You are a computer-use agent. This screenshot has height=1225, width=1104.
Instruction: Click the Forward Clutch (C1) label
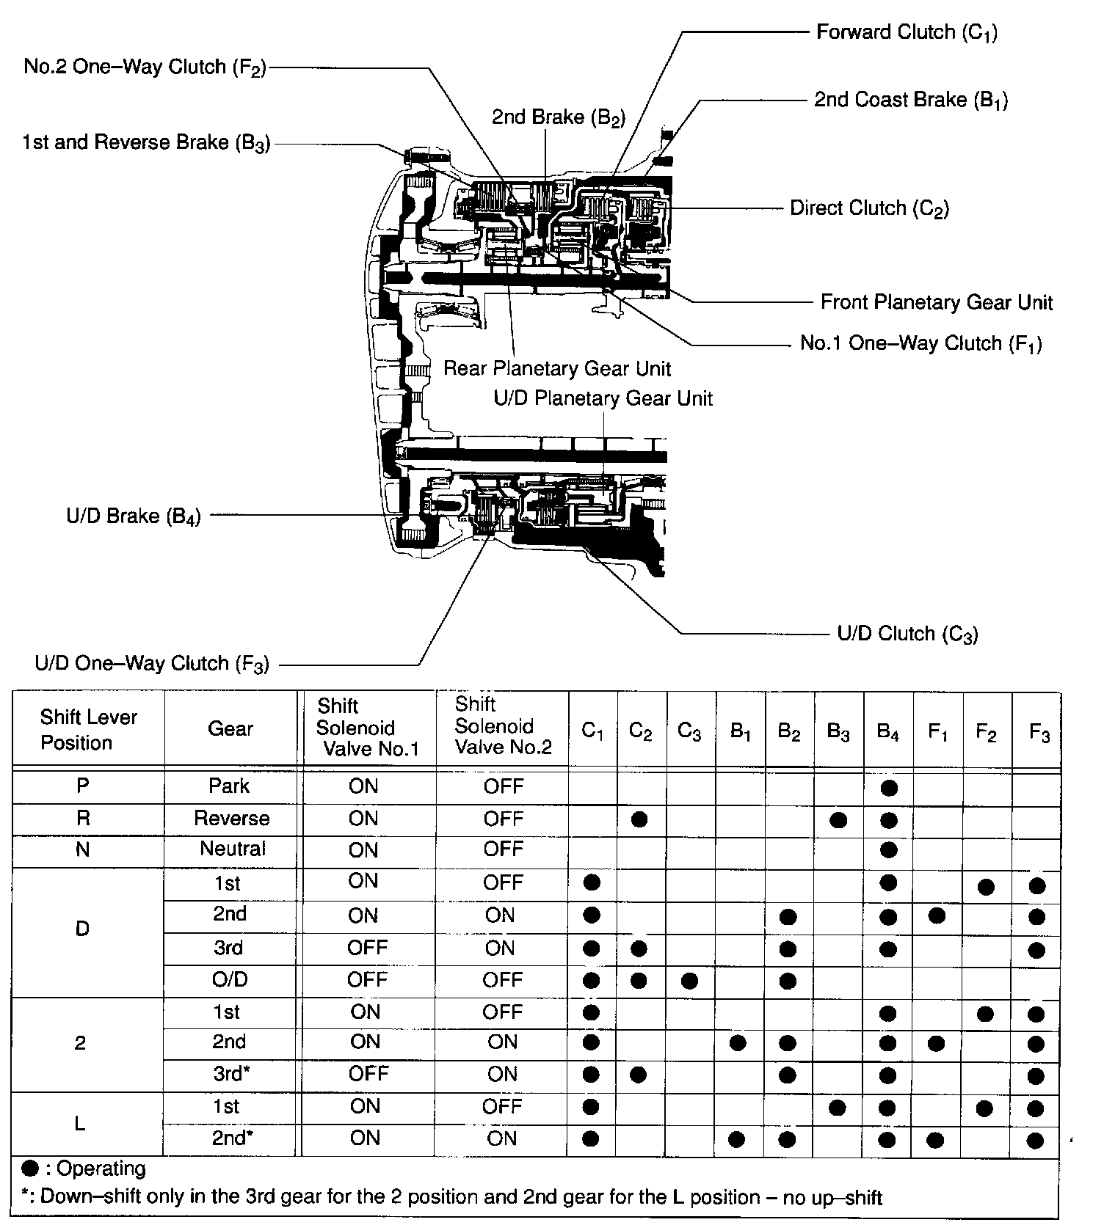tap(907, 33)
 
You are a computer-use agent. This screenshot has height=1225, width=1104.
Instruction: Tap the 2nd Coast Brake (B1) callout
tap(911, 100)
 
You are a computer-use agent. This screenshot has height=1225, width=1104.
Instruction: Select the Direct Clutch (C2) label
tap(869, 209)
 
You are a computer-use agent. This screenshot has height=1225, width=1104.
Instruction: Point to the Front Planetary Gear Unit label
tap(937, 302)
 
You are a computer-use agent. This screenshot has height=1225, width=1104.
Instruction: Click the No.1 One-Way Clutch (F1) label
tap(920, 344)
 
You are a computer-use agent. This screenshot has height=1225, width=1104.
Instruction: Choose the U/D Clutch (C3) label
tap(907, 634)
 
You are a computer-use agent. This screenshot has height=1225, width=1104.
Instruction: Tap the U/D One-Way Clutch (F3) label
tap(152, 665)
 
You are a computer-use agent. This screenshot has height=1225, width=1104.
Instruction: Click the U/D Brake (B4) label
tap(134, 516)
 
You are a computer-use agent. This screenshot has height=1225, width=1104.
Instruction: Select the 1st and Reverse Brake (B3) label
tap(147, 143)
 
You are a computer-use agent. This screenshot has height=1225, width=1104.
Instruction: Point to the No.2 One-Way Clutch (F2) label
tap(145, 67)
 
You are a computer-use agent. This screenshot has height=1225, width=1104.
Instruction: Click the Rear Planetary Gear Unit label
tap(557, 368)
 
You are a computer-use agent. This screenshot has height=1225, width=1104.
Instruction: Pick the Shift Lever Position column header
tap(88, 730)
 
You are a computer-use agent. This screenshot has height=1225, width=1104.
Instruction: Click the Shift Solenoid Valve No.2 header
tap(503, 726)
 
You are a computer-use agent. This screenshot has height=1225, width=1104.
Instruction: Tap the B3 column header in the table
tap(838, 732)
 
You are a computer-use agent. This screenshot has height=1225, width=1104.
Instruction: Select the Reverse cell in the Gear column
tap(231, 819)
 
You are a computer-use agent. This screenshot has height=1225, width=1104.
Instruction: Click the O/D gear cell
tap(230, 980)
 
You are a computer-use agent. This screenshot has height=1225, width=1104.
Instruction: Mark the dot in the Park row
tap(888, 789)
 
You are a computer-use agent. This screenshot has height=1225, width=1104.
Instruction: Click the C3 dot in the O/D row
tap(689, 981)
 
